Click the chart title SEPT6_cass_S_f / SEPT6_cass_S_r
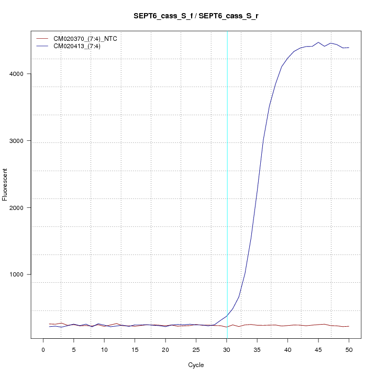(196, 16)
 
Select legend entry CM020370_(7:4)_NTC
(89, 39)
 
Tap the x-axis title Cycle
(196, 365)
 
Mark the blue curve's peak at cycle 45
(318, 42)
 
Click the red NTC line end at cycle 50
(349, 326)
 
